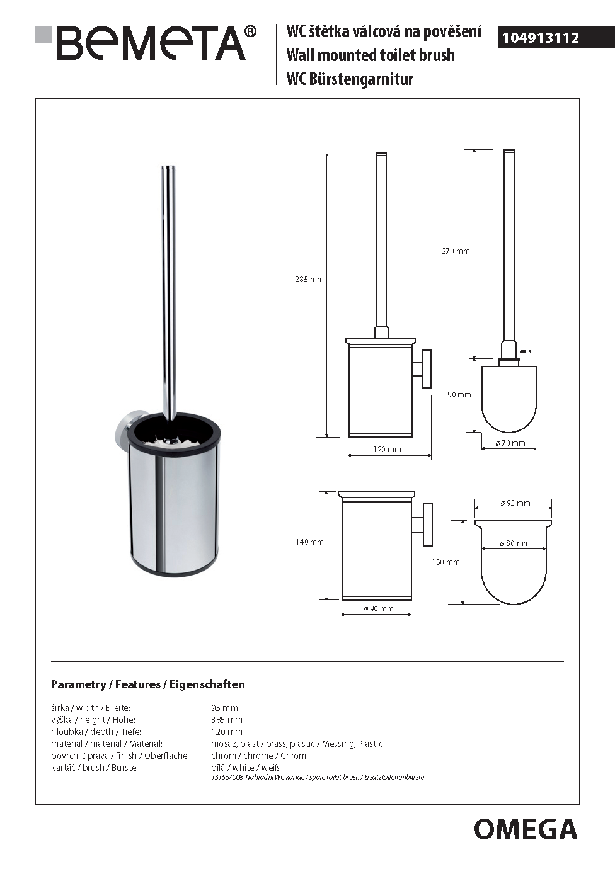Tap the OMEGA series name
coord(526,829)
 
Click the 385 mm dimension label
coord(309,280)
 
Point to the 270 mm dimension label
coord(456,251)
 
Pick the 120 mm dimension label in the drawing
coord(387,450)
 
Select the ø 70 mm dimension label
coord(510,443)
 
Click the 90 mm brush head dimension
coord(459,395)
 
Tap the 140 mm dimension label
coord(309,542)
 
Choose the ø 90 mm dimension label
coord(378,609)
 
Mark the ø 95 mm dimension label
coord(515,503)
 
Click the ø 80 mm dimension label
coord(514,543)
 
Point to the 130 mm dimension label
coord(445,562)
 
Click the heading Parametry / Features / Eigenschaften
coord(147,684)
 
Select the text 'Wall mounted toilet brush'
coord(371,55)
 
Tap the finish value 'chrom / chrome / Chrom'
coord(258,756)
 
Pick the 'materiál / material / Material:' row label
coord(106,744)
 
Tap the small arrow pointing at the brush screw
coord(539,351)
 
